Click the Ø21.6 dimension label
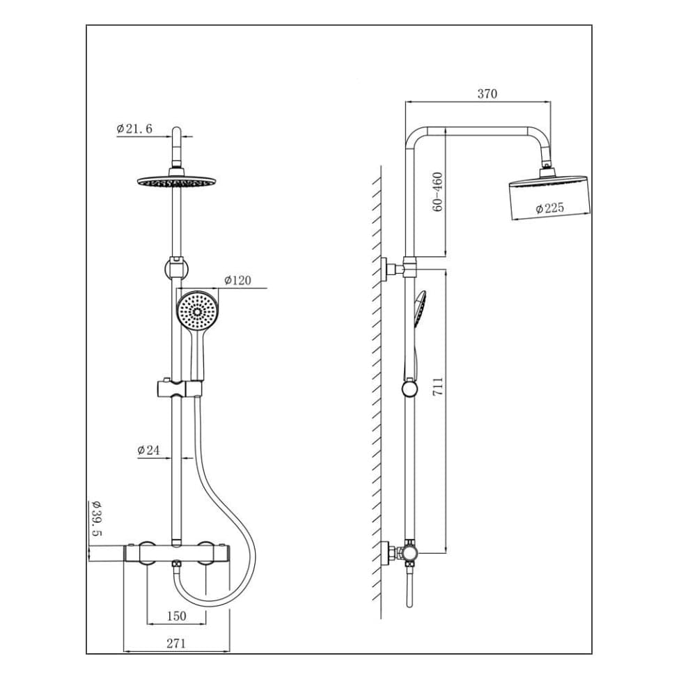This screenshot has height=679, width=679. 134,129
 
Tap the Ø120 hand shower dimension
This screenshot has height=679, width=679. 237,281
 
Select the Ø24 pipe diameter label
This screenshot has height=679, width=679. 148,451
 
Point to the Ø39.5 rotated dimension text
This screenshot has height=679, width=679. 96,518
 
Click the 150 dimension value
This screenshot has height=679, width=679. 177,616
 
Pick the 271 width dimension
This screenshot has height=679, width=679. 176,643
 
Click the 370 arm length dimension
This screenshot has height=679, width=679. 487,94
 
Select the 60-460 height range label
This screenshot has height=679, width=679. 437,192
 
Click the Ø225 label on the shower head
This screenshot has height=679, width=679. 549,208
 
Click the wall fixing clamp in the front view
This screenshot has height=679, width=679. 177,268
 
